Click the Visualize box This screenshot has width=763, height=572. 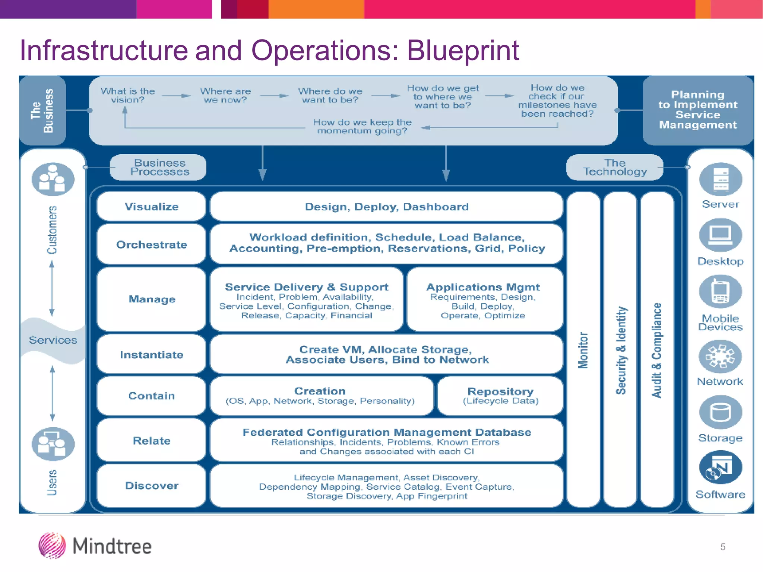pos(151,207)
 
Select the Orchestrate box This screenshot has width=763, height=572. pos(151,245)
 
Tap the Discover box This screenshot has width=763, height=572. pos(151,486)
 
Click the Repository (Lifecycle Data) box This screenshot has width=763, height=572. pos(500,396)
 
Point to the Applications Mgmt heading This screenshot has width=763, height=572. pos(483,287)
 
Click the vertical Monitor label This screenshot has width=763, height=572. pos(583,350)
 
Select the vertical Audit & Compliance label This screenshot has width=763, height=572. pos(657,350)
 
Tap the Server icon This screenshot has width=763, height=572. pos(721,179)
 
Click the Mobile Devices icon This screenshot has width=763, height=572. pos(721,292)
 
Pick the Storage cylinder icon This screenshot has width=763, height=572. pos(721,412)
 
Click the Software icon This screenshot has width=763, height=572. pos(721,467)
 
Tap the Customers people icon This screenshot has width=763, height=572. pos(53,179)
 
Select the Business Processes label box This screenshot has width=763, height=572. pos(159,167)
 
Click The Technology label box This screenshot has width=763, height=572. pos(615,167)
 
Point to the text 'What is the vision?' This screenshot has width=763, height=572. pos(128,95)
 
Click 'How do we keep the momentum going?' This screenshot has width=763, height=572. pos(362,127)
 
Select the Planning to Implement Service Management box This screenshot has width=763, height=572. pos(698,110)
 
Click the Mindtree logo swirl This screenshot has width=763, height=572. pos(52,546)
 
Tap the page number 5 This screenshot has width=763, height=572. pos(722,547)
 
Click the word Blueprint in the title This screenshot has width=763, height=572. pos(462,51)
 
